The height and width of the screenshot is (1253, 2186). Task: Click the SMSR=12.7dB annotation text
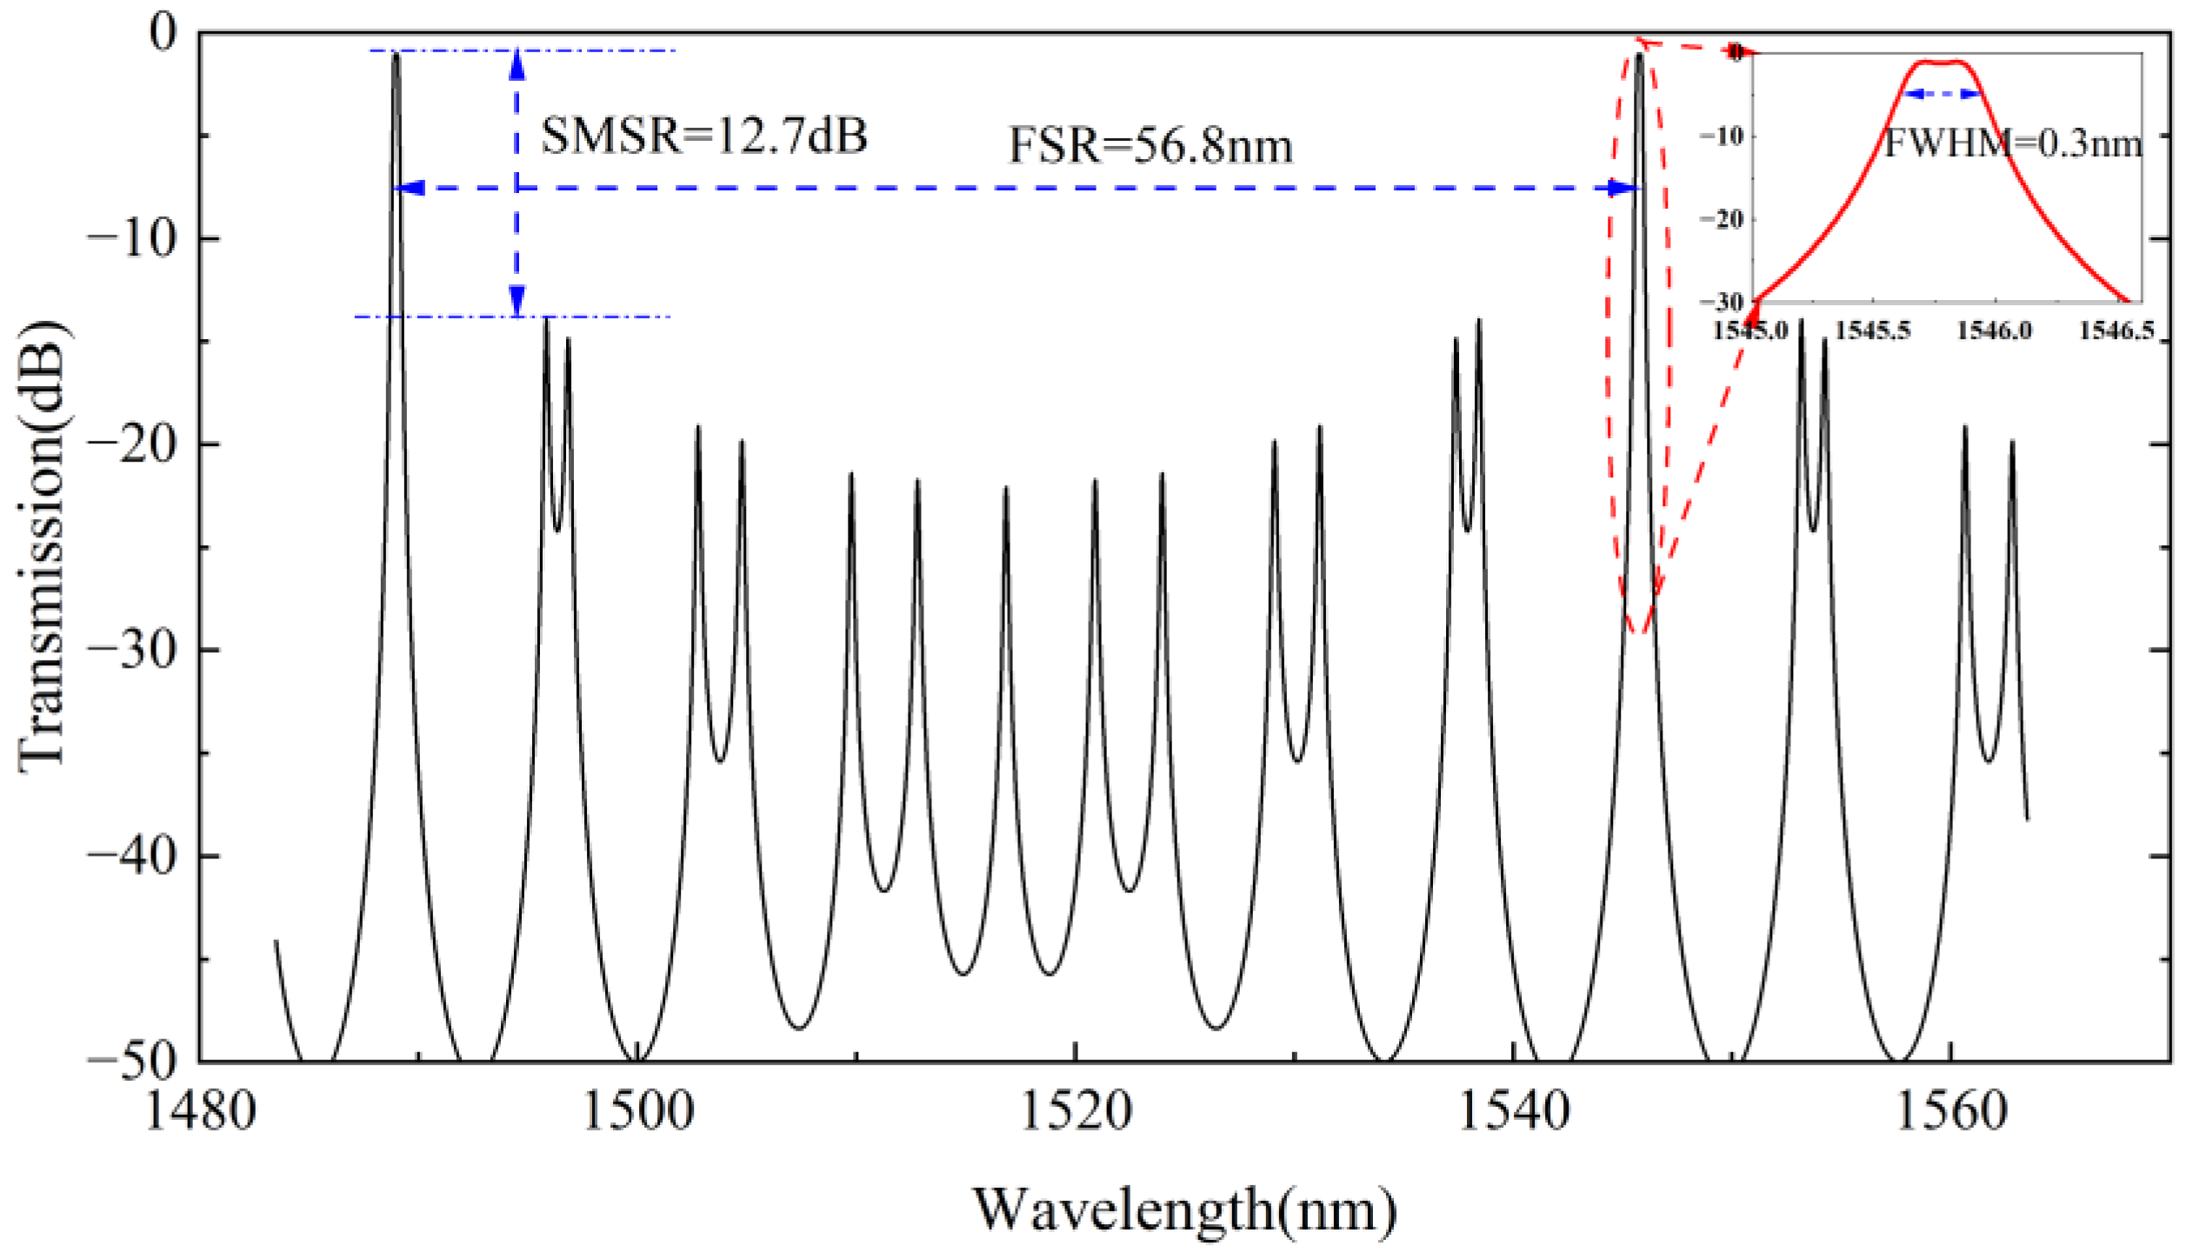point(703,137)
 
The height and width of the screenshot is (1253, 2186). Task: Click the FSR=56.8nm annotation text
point(1150,146)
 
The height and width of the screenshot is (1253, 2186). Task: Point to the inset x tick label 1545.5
point(1873,331)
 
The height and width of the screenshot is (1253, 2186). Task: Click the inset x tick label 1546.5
point(2116,331)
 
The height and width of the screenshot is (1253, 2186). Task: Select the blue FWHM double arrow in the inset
point(1943,94)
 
